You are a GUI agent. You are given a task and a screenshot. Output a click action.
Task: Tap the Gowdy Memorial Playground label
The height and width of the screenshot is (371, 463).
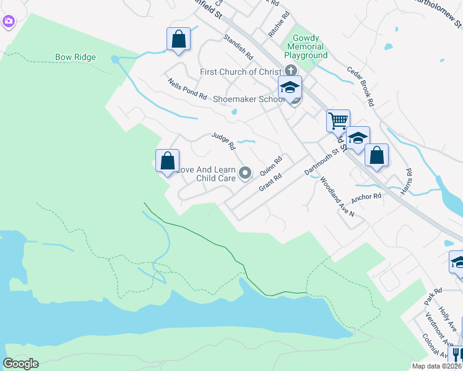pyautogui.click(x=305, y=46)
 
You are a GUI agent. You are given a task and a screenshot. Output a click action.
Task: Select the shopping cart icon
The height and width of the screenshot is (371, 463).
pyautogui.click(x=338, y=120)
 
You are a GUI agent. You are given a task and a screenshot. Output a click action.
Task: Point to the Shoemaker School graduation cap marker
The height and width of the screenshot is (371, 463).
pyautogui.click(x=289, y=88)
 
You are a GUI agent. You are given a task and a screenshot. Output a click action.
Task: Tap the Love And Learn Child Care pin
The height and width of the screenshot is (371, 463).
pyautogui.click(x=245, y=173)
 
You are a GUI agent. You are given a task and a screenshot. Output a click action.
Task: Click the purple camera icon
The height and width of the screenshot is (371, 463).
pyautogui.click(x=8, y=22)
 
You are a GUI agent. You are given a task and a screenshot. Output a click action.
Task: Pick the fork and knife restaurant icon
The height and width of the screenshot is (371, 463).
pyautogui.click(x=457, y=354)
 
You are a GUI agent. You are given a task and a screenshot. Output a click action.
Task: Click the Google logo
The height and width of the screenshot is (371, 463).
pyautogui.click(x=20, y=364)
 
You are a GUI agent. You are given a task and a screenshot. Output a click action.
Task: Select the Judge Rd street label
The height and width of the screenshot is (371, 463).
pyautogui.click(x=223, y=142)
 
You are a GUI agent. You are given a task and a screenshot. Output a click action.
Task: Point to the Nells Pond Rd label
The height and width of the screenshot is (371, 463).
pyautogui.click(x=187, y=88)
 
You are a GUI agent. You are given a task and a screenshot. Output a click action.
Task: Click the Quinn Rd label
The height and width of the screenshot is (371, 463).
pyautogui.click(x=271, y=165)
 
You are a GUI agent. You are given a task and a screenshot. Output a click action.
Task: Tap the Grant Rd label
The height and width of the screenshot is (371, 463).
pyautogui.click(x=270, y=181)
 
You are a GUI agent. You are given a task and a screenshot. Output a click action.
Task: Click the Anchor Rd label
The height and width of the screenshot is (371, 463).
pyautogui.click(x=366, y=197)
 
